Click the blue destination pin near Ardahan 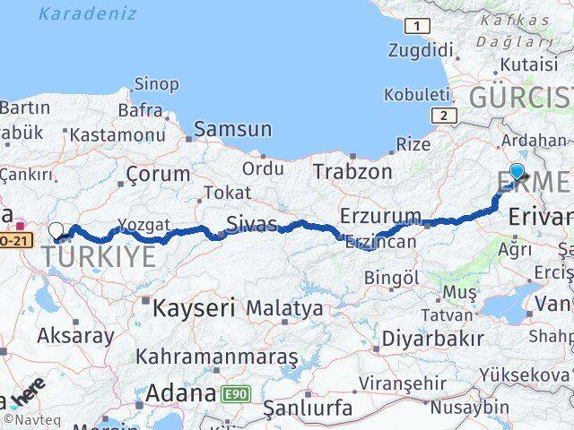point(517,171)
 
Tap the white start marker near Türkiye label point(57,230)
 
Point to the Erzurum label point(379,215)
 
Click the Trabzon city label point(352,170)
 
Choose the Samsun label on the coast point(232,129)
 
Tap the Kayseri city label point(194,309)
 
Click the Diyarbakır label point(432,339)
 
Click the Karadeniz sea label point(88,13)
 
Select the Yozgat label point(143,224)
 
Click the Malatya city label point(284,309)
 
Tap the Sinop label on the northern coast point(156,84)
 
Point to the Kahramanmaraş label point(216,357)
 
